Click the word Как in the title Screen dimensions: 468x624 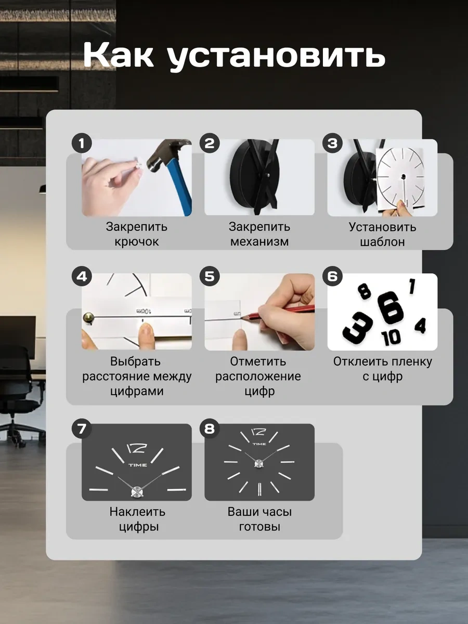(x=118, y=54)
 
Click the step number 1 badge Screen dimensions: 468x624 (x=82, y=144)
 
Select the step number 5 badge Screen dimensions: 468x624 (x=210, y=276)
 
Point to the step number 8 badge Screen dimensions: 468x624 (x=210, y=428)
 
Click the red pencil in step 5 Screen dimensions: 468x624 (x=281, y=312)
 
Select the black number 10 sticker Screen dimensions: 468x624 (x=391, y=337)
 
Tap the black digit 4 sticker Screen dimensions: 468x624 (x=420, y=326)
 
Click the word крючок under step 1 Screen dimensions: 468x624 (x=137, y=242)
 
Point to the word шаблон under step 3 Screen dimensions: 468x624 (x=382, y=242)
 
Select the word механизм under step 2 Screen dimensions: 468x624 (x=259, y=242)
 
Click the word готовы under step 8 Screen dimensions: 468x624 (x=259, y=527)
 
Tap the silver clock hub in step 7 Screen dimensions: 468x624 (x=137, y=492)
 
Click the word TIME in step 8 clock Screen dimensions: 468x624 (x=259, y=444)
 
